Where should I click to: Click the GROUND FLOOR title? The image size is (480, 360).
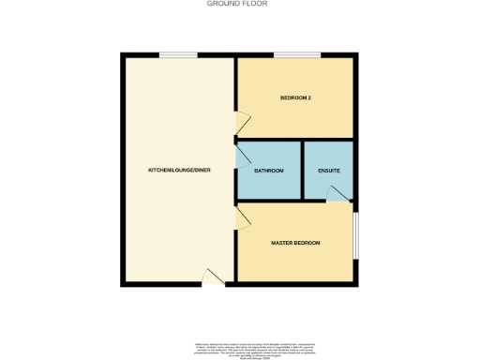(x=237, y=4)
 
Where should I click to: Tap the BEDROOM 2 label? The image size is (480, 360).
(x=295, y=98)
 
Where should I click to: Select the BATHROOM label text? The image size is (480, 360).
(x=269, y=171)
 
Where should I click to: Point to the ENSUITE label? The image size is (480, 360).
(x=328, y=171)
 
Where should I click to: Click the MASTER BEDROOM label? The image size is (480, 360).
(x=295, y=243)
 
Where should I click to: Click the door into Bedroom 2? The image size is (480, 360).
(x=243, y=120)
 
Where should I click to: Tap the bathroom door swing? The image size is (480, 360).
(x=242, y=156)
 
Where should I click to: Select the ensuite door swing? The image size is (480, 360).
(x=337, y=192)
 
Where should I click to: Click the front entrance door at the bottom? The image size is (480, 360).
(x=215, y=277)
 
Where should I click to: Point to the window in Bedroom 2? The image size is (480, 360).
(x=292, y=55)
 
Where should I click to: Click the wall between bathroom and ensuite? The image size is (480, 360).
(x=302, y=171)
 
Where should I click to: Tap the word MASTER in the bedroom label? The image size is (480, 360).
(x=283, y=243)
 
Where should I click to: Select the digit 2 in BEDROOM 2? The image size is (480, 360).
(x=309, y=98)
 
